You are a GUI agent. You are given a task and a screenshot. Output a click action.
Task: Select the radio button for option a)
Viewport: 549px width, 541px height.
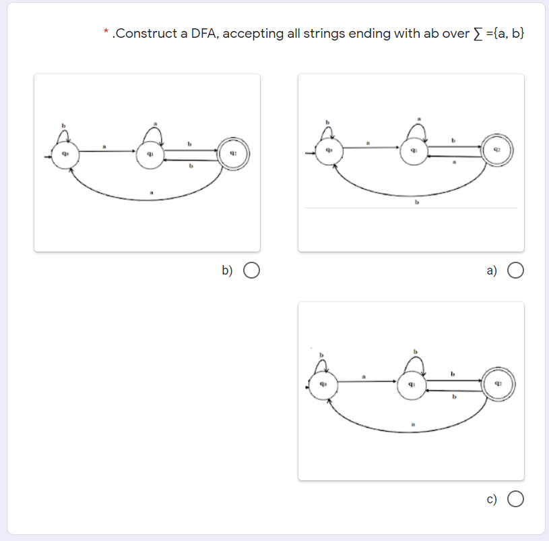(x=516, y=270)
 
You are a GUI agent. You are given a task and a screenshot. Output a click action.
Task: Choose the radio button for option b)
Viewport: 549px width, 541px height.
(x=252, y=270)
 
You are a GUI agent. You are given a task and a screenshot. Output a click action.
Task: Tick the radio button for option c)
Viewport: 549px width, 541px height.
(x=516, y=499)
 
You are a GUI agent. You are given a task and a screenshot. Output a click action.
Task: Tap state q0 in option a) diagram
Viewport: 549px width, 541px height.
(x=330, y=149)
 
